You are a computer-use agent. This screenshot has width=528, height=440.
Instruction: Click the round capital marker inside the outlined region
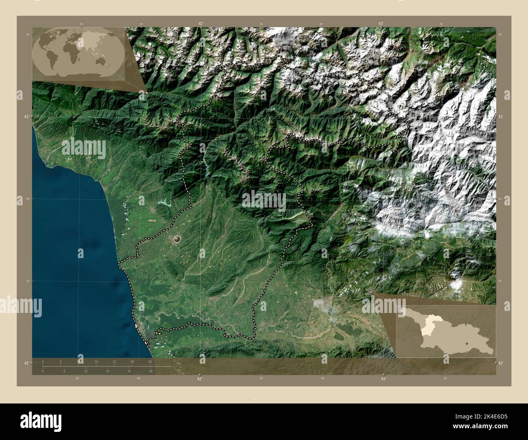click(x=177, y=239)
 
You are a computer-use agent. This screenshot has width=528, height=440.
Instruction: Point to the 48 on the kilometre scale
click(x=150, y=361)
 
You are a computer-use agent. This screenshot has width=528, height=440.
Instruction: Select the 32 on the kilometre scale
click(x=115, y=361)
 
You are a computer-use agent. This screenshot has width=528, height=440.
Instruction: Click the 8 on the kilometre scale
click(x=61, y=361)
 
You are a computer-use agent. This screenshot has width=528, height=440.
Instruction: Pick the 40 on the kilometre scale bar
click(x=132, y=361)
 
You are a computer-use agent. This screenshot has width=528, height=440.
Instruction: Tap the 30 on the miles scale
click(x=150, y=371)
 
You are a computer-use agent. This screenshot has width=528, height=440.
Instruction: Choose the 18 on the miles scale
click(x=107, y=371)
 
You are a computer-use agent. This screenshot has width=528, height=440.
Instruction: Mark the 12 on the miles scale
click(x=86, y=371)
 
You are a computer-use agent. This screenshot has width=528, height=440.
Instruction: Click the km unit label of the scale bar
click(x=179, y=362)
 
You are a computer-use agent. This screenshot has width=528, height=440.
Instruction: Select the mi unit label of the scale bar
click(x=179, y=369)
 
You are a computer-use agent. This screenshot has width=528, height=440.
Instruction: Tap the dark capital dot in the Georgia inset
click(x=467, y=343)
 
